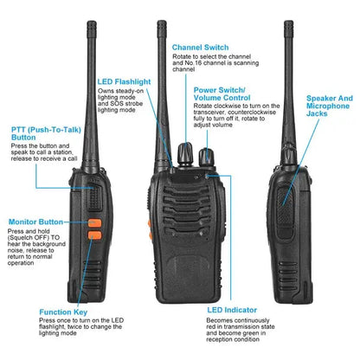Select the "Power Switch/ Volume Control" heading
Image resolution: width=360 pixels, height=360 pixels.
pyautogui.click(x=221, y=94)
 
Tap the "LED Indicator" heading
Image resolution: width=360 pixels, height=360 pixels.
pyautogui.click(x=233, y=308)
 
